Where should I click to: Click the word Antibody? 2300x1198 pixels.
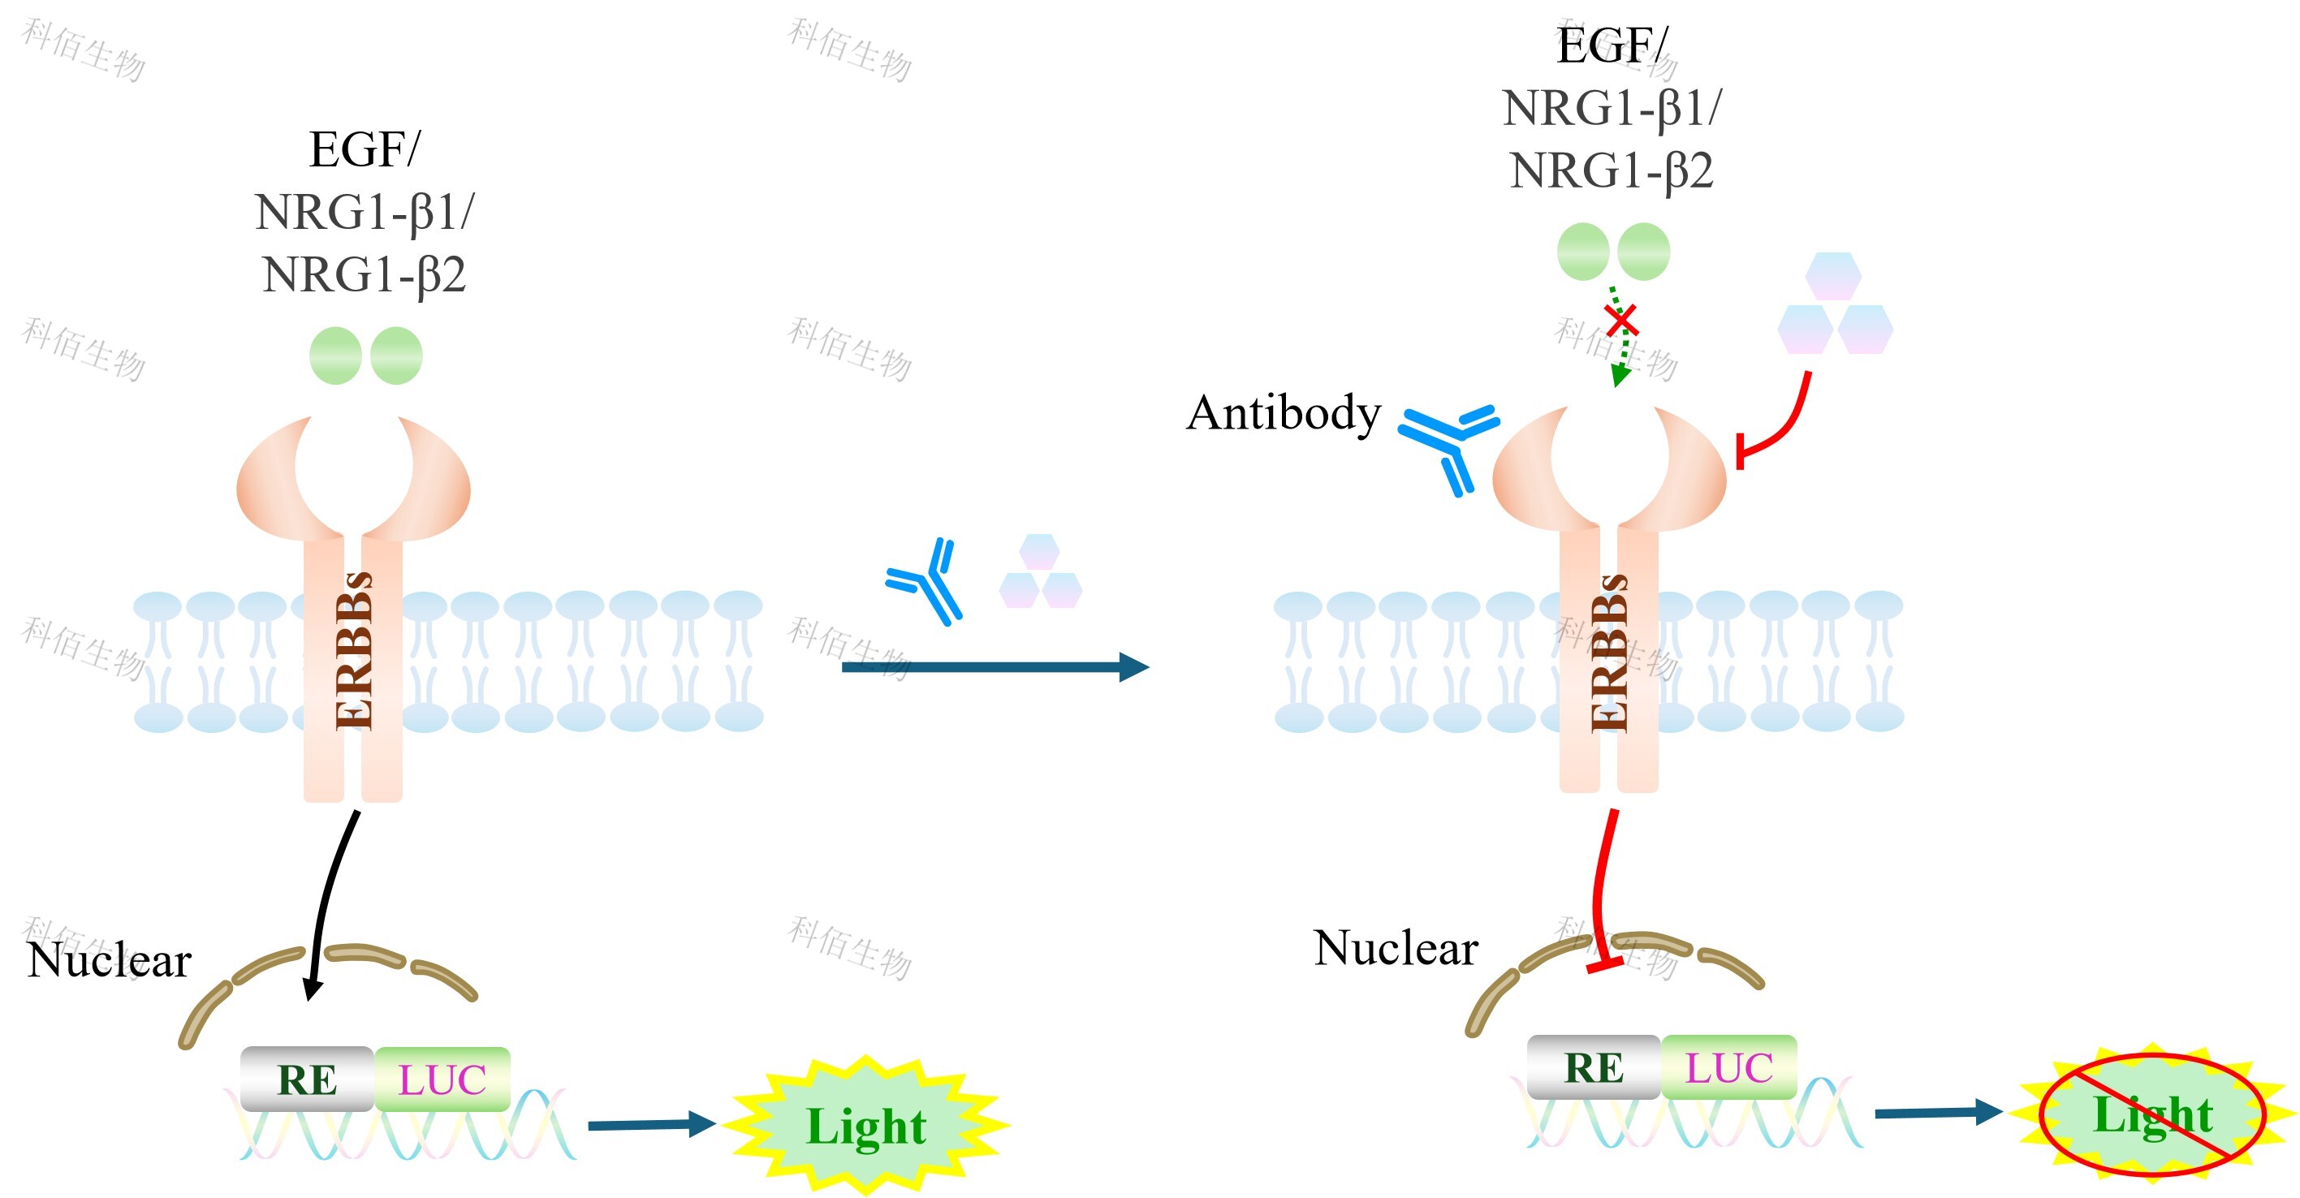pyautogui.click(x=1283, y=413)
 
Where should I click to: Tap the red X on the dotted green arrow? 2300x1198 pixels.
pyautogui.click(x=1620, y=320)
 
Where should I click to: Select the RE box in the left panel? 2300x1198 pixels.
pyautogui.click(x=307, y=1079)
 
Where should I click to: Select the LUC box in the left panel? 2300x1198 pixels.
pyautogui.click(x=442, y=1079)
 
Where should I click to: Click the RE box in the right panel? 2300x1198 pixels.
pyautogui.click(x=1594, y=1067)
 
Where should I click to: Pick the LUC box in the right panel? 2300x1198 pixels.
pyautogui.click(x=1728, y=1067)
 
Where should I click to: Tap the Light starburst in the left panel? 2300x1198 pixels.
pyautogui.click(x=866, y=1125)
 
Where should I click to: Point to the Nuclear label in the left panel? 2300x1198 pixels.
pyautogui.click(x=109, y=960)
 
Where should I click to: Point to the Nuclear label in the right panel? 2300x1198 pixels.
pyautogui.click(x=1396, y=948)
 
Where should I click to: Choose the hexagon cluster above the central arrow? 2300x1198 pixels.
pyautogui.click(x=1040, y=572)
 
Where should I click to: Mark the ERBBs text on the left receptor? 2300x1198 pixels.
pyautogui.click(x=355, y=652)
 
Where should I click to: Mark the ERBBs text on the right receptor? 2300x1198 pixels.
pyautogui.click(x=1610, y=653)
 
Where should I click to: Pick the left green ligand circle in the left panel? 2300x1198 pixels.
pyautogui.click(x=334, y=356)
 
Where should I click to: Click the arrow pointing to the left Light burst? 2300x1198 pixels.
pyautogui.click(x=651, y=1125)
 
